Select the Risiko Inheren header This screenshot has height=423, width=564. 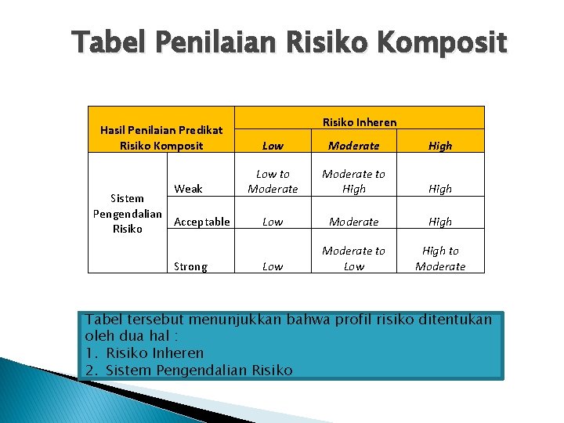360,122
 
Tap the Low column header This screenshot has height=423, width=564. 273,146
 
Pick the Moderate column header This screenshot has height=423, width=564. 353,146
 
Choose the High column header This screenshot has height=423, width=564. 440,146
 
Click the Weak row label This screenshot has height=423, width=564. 188,189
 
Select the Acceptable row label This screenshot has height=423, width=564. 202,222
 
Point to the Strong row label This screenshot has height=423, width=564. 190,266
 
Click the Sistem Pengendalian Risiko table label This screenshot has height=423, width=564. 128,214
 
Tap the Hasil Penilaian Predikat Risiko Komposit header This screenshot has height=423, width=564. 161,138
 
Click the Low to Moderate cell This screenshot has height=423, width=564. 273,182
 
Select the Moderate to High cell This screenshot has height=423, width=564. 353,182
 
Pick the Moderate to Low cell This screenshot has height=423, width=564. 353,258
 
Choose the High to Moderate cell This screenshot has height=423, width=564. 440,258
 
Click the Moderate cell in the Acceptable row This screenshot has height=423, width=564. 353,222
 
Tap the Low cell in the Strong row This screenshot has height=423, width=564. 273,266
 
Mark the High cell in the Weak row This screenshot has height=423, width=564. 440,189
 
